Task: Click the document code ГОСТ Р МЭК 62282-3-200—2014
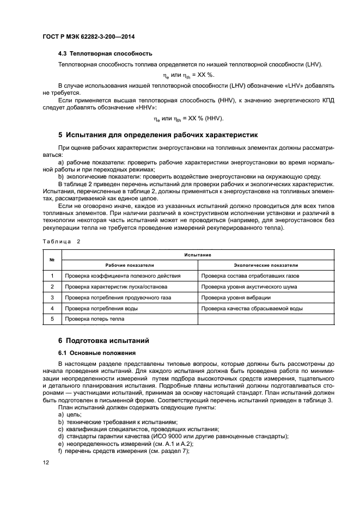click(x=88, y=36)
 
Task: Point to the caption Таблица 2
click(x=62, y=241)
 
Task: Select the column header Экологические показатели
click(x=266, y=265)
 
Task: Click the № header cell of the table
click(x=52, y=260)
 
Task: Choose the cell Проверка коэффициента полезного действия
click(x=123, y=276)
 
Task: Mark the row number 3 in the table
click(x=52, y=298)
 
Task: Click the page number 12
click(x=46, y=462)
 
